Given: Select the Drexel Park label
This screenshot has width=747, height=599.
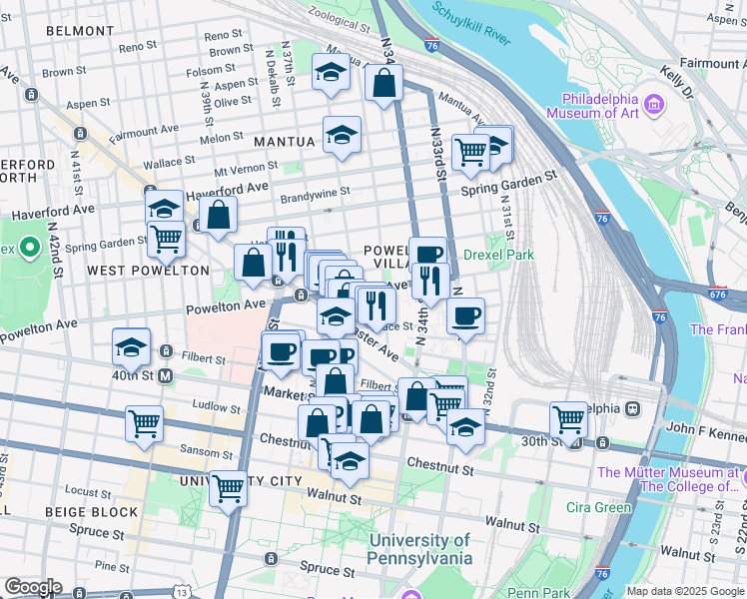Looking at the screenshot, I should click(498, 255).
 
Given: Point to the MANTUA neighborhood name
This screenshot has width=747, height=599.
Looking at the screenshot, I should click(284, 142).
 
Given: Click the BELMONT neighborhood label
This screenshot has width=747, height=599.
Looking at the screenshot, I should click(80, 31).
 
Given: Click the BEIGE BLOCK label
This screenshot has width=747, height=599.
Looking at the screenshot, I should click(91, 512).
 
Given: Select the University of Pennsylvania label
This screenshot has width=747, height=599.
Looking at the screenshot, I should click(419, 550).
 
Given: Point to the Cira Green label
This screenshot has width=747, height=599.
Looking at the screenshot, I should click(599, 507).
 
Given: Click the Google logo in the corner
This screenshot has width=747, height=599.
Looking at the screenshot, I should click(33, 587).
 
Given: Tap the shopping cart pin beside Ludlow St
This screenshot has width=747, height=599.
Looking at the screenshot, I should click(145, 422).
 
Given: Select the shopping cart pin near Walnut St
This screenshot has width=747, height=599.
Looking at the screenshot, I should click(229, 488).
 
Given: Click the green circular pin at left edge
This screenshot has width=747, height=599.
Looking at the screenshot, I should click(30, 246).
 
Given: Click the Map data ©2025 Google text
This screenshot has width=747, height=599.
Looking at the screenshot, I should click(684, 591).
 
